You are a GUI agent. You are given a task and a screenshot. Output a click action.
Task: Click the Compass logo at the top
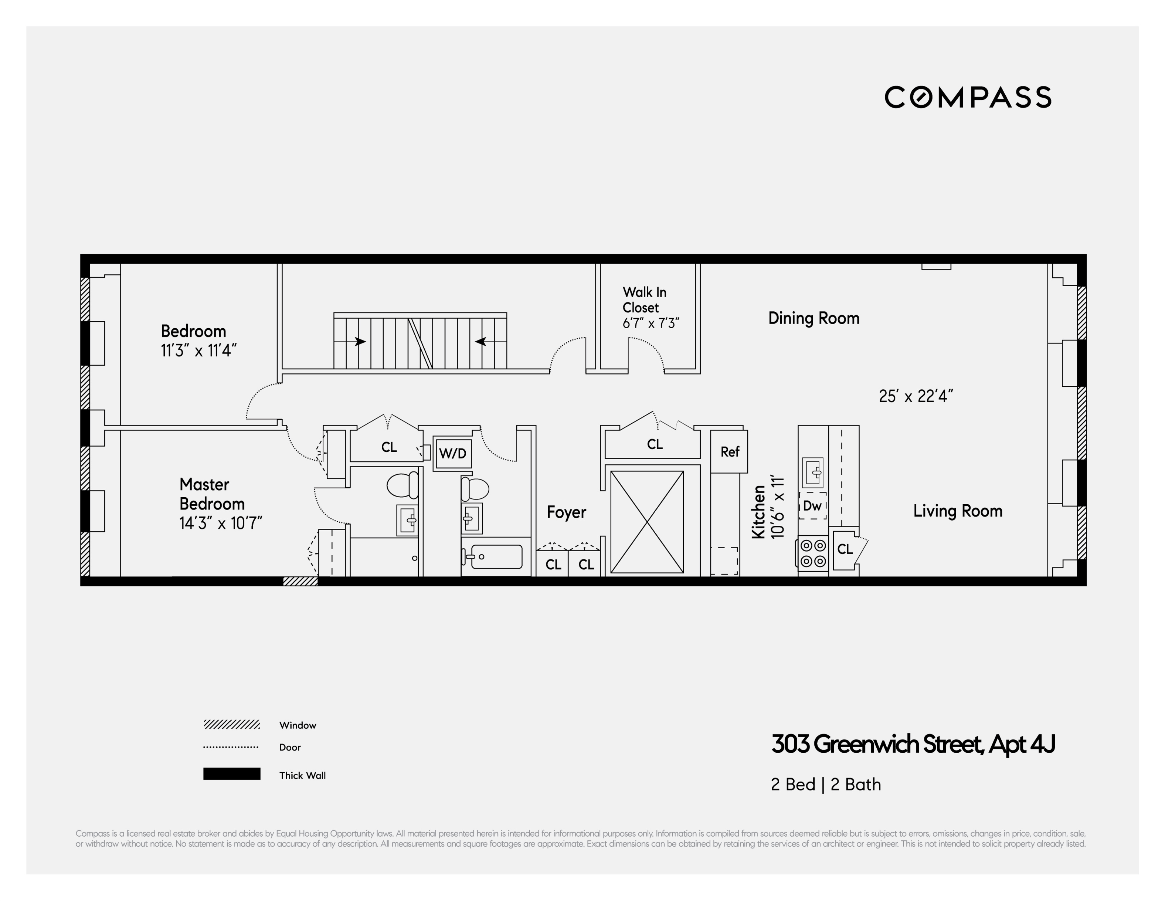pyautogui.click(x=968, y=97)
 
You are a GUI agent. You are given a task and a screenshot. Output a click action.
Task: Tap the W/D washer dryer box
pyautogui.click(x=452, y=453)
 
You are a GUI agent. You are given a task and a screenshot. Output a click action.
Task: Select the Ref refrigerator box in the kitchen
pyautogui.click(x=729, y=452)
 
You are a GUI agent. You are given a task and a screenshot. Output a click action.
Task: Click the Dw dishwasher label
pyautogui.click(x=812, y=505)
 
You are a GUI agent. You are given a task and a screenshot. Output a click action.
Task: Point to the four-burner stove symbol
pyautogui.click(x=813, y=553)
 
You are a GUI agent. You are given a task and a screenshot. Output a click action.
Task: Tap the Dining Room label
pyautogui.click(x=814, y=318)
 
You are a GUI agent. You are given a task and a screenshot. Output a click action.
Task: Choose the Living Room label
pyautogui.click(x=958, y=511)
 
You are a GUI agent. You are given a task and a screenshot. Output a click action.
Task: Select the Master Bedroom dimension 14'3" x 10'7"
pyautogui.click(x=221, y=523)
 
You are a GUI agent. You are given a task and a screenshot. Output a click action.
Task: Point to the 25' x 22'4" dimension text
pyautogui.click(x=916, y=396)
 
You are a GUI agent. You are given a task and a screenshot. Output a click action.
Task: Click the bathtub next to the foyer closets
pyautogui.click(x=496, y=556)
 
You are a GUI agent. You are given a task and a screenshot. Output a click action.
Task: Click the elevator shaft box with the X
pyautogui.click(x=646, y=522)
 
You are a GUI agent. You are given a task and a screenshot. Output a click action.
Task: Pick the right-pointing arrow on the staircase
pyautogui.click(x=361, y=341)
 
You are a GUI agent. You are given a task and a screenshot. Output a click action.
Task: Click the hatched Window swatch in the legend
pyautogui.click(x=231, y=724)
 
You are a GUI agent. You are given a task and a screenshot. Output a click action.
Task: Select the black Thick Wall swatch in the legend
pyautogui.click(x=231, y=773)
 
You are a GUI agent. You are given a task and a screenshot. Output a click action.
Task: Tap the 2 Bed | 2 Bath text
pyautogui.click(x=826, y=785)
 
